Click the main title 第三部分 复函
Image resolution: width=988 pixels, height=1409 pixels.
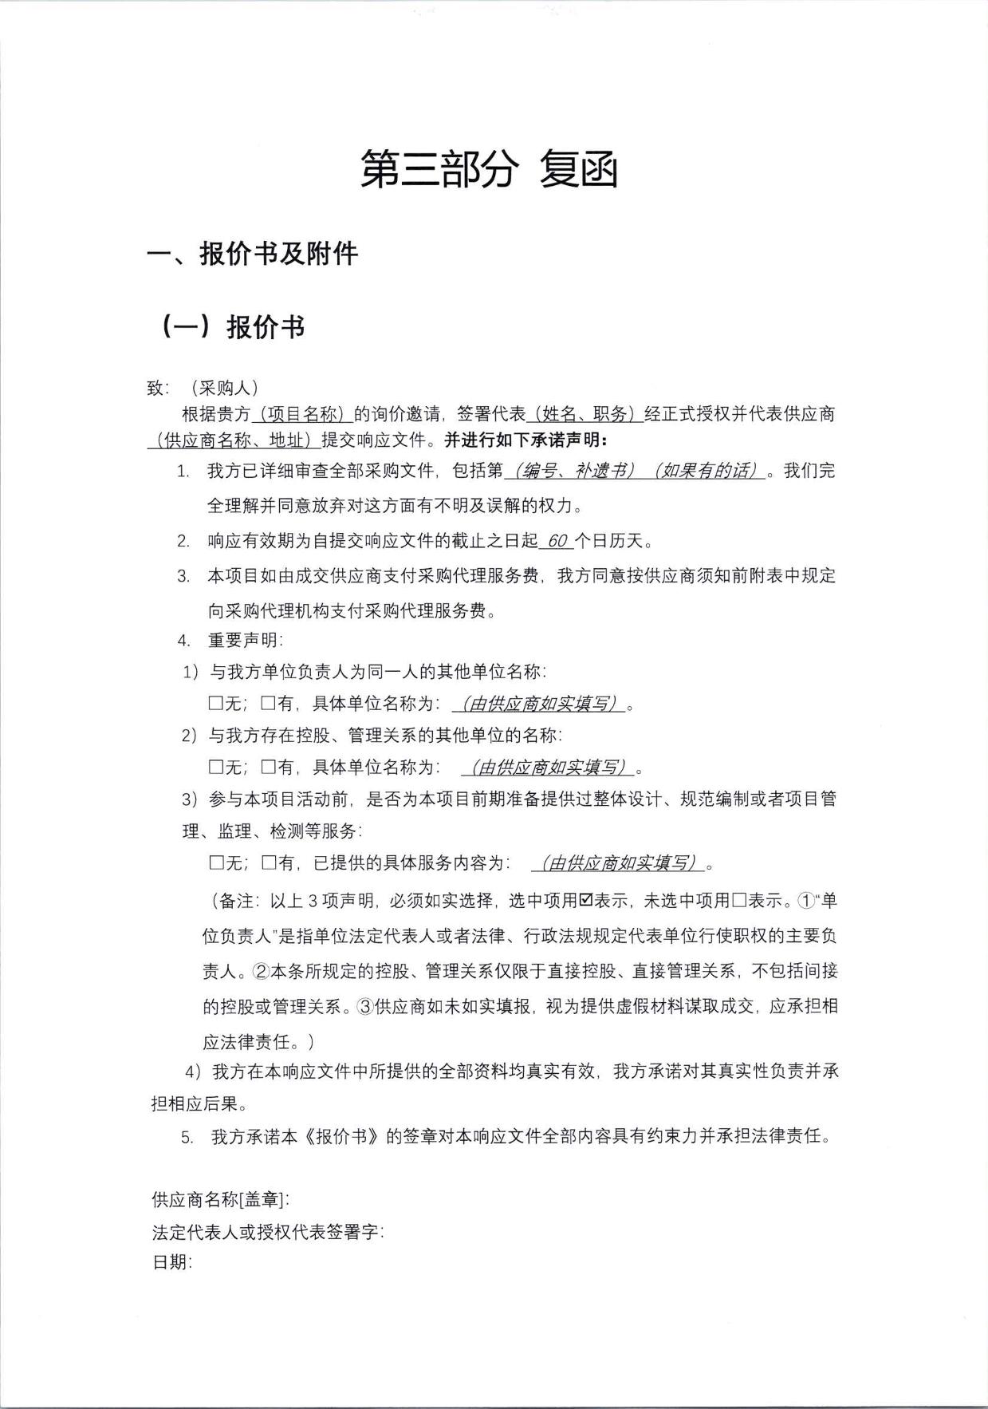(x=489, y=169)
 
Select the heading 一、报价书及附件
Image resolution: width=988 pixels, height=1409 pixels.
(x=252, y=254)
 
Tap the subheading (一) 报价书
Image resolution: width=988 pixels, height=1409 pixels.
(x=234, y=326)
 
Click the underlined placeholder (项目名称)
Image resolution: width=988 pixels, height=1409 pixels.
(x=302, y=414)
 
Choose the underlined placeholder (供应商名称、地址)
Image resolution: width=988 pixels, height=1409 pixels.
(x=234, y=440)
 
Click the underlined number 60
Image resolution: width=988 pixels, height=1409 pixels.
(x=557, y=541)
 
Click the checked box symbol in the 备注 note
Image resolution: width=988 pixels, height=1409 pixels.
(x=585, y=901)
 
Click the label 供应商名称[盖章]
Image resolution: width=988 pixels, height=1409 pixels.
(x=220, y=1199)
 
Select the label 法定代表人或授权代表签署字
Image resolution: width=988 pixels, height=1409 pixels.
(x=268, y=1232)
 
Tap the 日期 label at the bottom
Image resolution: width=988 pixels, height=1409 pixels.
(x=171, y=1262)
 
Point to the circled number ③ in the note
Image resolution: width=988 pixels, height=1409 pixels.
(x=365, y=1006)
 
